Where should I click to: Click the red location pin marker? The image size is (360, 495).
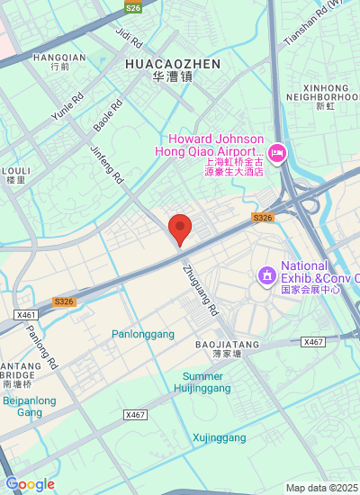click(180, 229)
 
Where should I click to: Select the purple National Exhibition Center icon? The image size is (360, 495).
click(266, 274)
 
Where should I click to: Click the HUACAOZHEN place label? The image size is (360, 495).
click(173, 64)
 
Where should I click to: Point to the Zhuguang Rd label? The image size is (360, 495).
click(201, 288)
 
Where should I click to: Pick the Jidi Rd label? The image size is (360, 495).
click(130, 37)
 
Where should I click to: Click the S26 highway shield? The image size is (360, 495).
click(133, 7)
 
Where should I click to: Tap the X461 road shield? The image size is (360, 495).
click(26, 315)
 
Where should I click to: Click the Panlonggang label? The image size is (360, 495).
click(143, 334)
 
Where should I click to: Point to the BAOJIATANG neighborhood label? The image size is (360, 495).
click(228, 345)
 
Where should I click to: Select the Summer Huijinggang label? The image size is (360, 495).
click(203, 382)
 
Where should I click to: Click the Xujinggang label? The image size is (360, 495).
click(220, 438)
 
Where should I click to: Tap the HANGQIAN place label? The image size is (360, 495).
click(59, 57)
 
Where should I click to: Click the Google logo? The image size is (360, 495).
click(30, 484)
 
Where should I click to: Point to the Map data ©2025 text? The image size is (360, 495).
click(321, 488)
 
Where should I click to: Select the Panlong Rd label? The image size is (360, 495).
click(42, 349)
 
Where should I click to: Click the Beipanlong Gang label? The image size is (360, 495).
click(30, 406)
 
